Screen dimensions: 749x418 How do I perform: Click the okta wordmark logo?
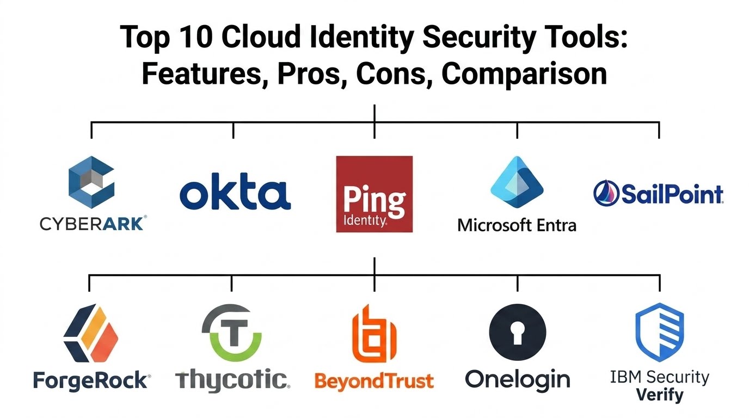click(x=235, y=191)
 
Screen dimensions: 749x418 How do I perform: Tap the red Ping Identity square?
click(x=374, y=194)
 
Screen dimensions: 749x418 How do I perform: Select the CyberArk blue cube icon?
click(x=91, y=182)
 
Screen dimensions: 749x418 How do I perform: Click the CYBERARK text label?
click(x=93, y=223)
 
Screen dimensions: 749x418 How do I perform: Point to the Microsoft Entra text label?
click(x=517, y=225)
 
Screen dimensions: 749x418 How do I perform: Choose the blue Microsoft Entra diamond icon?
click(x=517, y=182)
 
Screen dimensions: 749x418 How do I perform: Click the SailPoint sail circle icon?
click(x=606, y=193)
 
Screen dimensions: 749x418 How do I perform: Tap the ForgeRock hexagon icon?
click(x=91, y=333)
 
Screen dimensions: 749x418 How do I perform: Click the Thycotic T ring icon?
click(x=232, y=333)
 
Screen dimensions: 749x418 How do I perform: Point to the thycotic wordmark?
click(x=233, y=380)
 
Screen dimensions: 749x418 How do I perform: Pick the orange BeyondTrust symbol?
click(x=374, y=334)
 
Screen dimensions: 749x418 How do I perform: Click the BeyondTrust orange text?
click(x=374, y=381)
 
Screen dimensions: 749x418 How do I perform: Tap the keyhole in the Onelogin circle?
click(x=518, y=333)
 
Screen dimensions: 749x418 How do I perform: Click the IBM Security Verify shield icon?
click(x=659, y=332)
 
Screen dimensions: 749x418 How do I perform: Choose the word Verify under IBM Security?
click(x=660, y=395)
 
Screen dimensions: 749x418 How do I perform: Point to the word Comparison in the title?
click(x=524, y=74)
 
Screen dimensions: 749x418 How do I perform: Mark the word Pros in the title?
click(x=309, y=73)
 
